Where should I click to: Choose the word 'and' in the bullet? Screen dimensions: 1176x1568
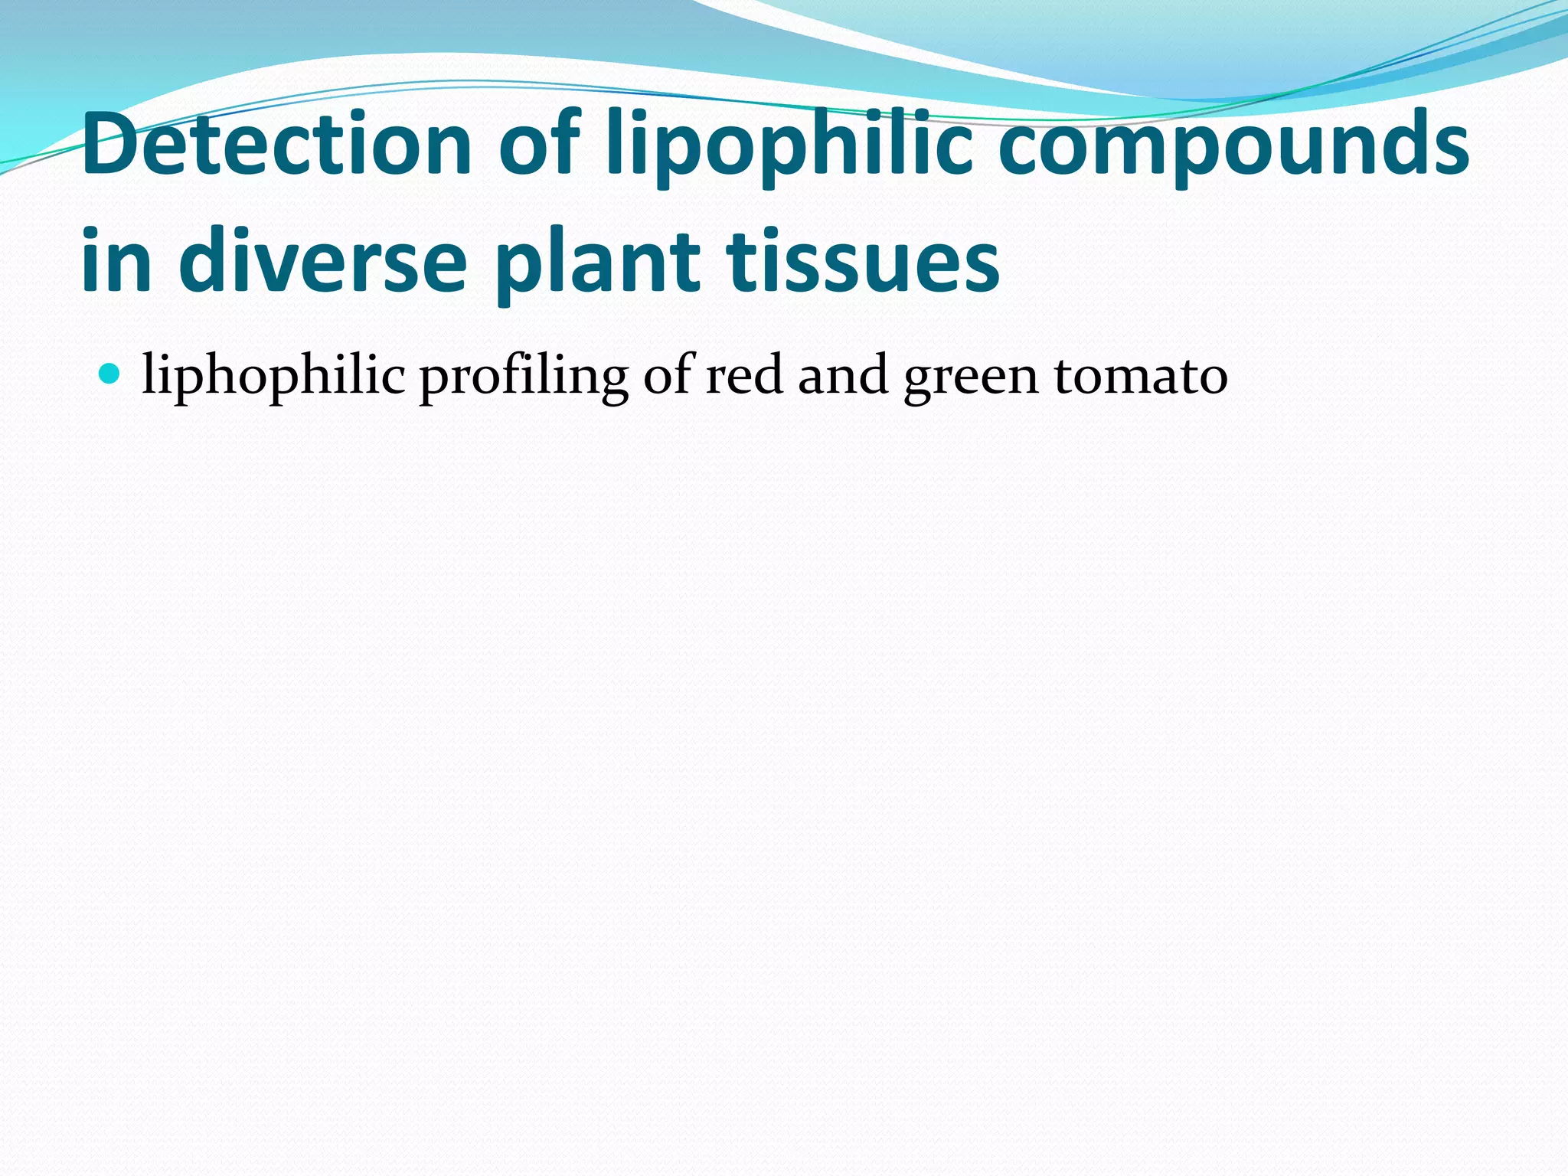click(x=843, y=376)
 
